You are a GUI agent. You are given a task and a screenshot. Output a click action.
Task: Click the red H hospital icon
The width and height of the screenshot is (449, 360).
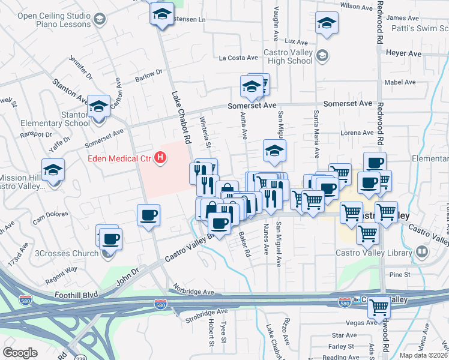tap(160, 158)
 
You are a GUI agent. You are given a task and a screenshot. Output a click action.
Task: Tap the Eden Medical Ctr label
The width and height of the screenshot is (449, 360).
tap(120, 158)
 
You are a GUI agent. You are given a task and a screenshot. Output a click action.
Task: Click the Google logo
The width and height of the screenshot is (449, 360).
tap(20, 352)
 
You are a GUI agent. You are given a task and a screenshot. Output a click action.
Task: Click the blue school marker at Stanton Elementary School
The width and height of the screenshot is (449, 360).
tap(98, 107)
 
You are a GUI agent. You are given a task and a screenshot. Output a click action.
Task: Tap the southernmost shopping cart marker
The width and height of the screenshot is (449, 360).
tap(379, 307)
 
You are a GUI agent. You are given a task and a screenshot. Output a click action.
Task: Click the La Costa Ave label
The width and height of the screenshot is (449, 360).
tap(238, 58)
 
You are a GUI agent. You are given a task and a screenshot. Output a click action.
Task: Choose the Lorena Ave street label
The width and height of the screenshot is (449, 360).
tap(357, 133)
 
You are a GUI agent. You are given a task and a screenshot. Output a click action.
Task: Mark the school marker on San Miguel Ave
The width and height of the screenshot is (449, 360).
tap(274, 151)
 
